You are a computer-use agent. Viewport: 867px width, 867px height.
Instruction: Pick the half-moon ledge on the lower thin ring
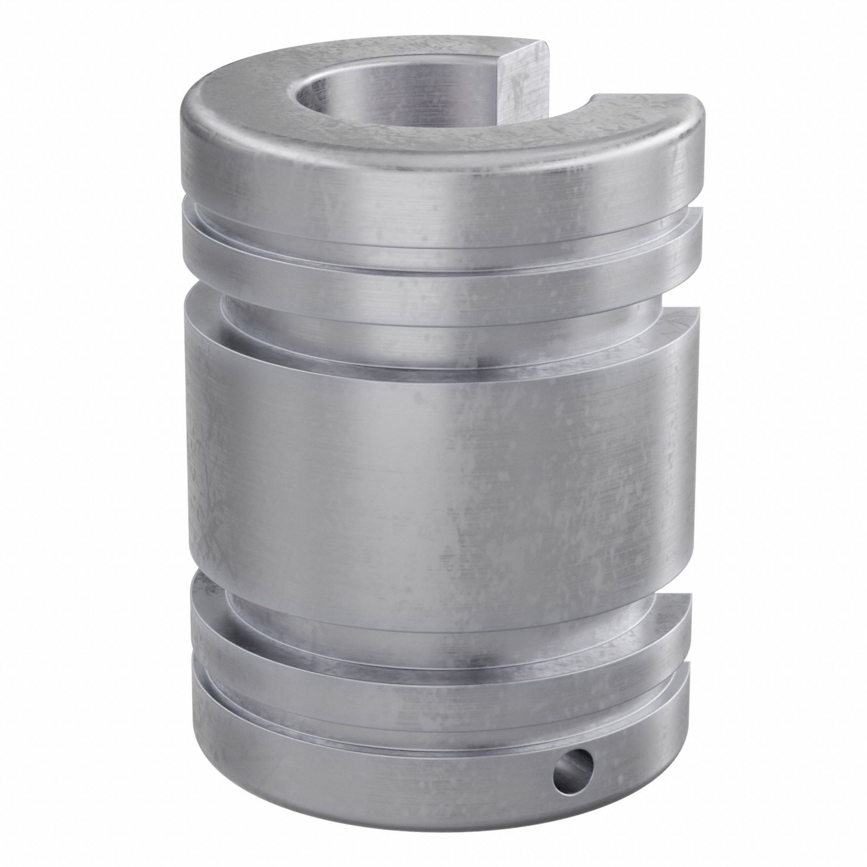click(x=664, y=603)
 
